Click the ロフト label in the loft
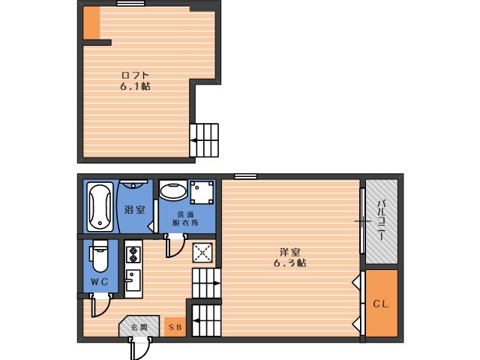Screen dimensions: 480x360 coord(135,75)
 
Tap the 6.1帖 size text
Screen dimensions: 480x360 coord(135,87)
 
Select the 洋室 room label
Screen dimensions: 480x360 coord(289,253)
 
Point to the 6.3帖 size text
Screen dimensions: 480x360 coord(289,263)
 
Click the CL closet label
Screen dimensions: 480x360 coord(381,304)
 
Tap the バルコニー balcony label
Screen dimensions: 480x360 coord(381,220)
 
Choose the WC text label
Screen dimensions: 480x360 coord(100,282)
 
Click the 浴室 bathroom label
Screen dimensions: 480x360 coord(135,210)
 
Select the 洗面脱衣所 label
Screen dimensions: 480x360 coord(185,218)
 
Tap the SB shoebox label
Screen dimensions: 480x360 coord(175,327)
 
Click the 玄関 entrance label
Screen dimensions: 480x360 coord(139,328)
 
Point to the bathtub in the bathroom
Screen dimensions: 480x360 coord(100,207)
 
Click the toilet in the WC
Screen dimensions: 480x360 coord(100,256)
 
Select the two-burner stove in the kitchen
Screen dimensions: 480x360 coord(133,255)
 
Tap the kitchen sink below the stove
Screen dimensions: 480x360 coord(133,280)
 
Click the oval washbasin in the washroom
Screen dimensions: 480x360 coord(173,190)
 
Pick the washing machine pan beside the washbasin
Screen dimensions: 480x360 coord(202,192)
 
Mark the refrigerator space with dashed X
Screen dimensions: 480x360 coord(202,253)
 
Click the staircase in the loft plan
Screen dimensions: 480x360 coord(204,140)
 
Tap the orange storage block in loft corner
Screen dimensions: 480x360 coord(91,23)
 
